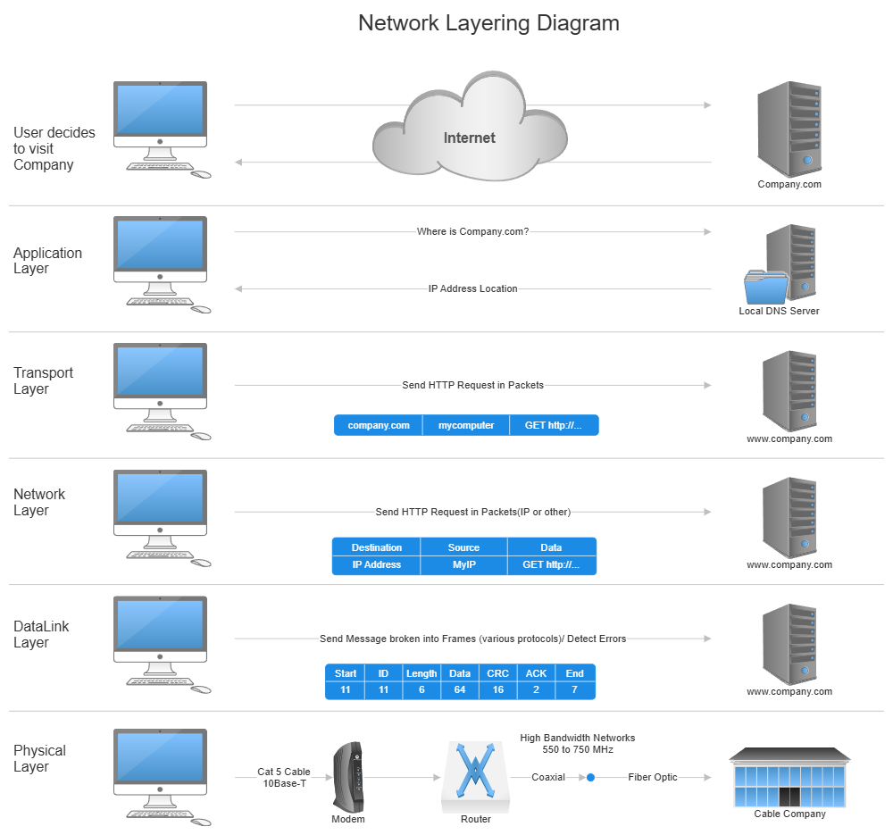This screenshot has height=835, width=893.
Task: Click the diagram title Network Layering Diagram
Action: pos(488,22)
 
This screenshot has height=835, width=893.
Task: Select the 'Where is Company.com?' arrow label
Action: pos(473,232)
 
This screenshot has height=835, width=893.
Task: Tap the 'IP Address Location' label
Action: pos(472,288)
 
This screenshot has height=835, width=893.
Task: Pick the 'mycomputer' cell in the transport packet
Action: pos(466,425)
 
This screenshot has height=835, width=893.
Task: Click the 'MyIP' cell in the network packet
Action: pos(463,564)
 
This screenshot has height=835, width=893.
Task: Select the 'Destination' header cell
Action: pos(376,547)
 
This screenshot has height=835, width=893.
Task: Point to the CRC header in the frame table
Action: pos(497,673)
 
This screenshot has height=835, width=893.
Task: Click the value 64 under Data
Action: pos(460,690)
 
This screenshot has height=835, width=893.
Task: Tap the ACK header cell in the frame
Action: pos(536,673)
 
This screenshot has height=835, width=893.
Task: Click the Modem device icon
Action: pos(348,777)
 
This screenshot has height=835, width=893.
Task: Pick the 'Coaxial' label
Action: pos(548,777)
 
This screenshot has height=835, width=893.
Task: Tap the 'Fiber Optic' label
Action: pos(653,777)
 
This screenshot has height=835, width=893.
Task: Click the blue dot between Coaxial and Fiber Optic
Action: pos(590,778)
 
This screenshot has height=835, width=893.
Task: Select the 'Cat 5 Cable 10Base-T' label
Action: pos(284,777)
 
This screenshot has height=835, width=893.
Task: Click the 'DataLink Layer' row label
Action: pos(41,634)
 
